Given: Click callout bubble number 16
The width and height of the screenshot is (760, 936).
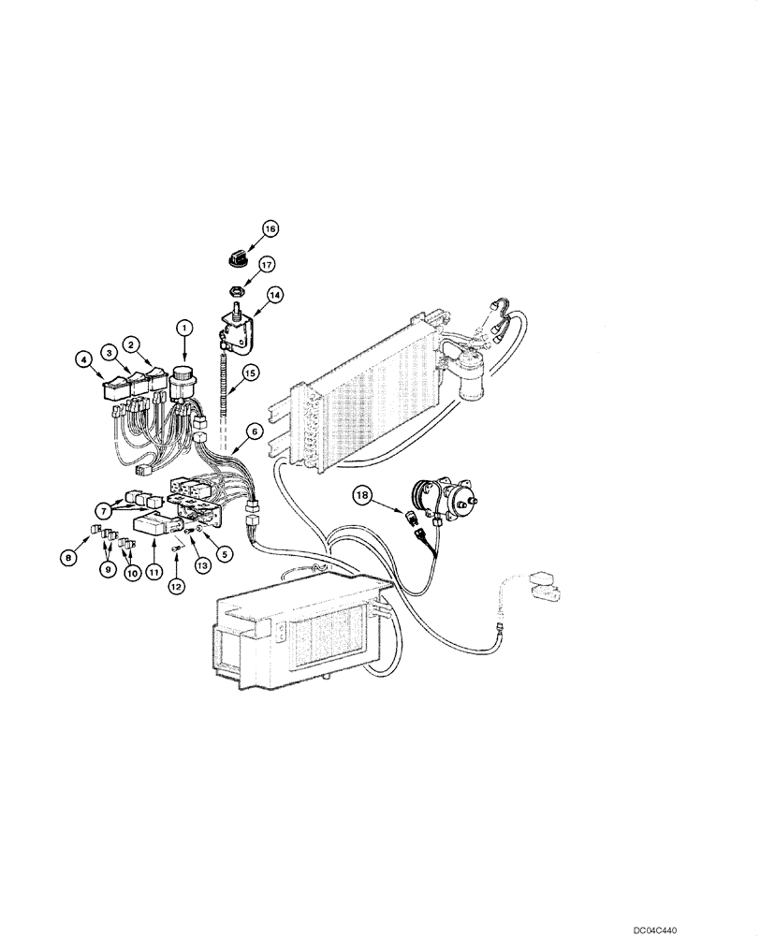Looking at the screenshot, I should (270, 227).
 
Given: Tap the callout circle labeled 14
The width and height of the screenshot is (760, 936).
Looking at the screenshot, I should (275, 294).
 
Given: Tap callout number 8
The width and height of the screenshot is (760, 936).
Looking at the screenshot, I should (67, 559).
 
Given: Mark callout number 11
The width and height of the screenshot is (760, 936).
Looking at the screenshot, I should (151, 568).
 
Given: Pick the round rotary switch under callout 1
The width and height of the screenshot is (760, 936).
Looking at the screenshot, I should (182, 376).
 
